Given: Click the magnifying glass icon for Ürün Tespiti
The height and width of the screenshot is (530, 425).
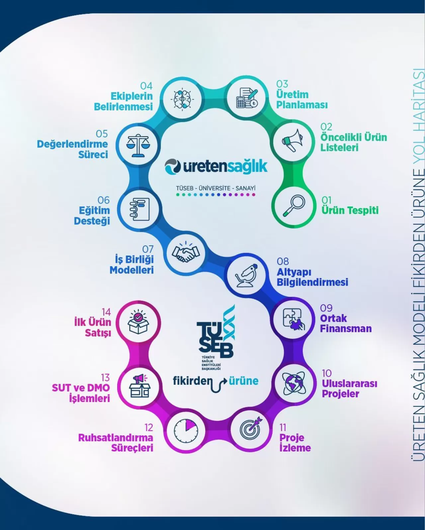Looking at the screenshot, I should (294, 206).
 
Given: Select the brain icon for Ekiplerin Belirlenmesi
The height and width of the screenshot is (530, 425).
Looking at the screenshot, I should (182, 99).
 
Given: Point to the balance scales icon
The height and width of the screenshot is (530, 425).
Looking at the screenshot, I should (138, 145).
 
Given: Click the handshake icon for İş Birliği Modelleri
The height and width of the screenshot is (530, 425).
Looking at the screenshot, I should (186, 253).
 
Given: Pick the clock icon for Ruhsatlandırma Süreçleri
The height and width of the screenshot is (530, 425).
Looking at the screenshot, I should (186, 431).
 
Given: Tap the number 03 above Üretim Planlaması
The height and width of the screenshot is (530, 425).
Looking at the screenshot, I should (282, 84).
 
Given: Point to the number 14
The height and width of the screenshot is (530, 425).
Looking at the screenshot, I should (106, 312).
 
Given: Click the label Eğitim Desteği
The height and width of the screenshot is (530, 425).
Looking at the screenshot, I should (92, 216).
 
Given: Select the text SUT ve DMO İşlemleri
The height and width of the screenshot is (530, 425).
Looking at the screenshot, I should (81, 393).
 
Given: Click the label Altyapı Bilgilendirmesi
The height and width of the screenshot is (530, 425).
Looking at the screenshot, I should (312, 277).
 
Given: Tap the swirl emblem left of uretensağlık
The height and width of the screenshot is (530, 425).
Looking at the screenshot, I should (173, 166).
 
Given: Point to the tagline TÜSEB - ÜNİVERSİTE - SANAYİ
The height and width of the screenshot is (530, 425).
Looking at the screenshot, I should (215, 188).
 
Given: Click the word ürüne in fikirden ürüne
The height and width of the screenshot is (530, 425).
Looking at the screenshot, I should (244, 380).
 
